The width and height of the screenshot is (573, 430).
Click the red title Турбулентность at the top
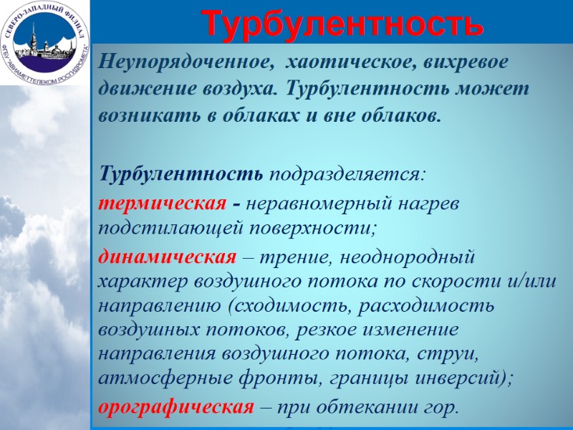point(342,24)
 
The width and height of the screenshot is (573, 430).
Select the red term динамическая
point(168,257)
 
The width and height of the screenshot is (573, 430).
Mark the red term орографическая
point(176,408)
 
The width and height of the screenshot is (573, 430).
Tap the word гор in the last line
point(439,408)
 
